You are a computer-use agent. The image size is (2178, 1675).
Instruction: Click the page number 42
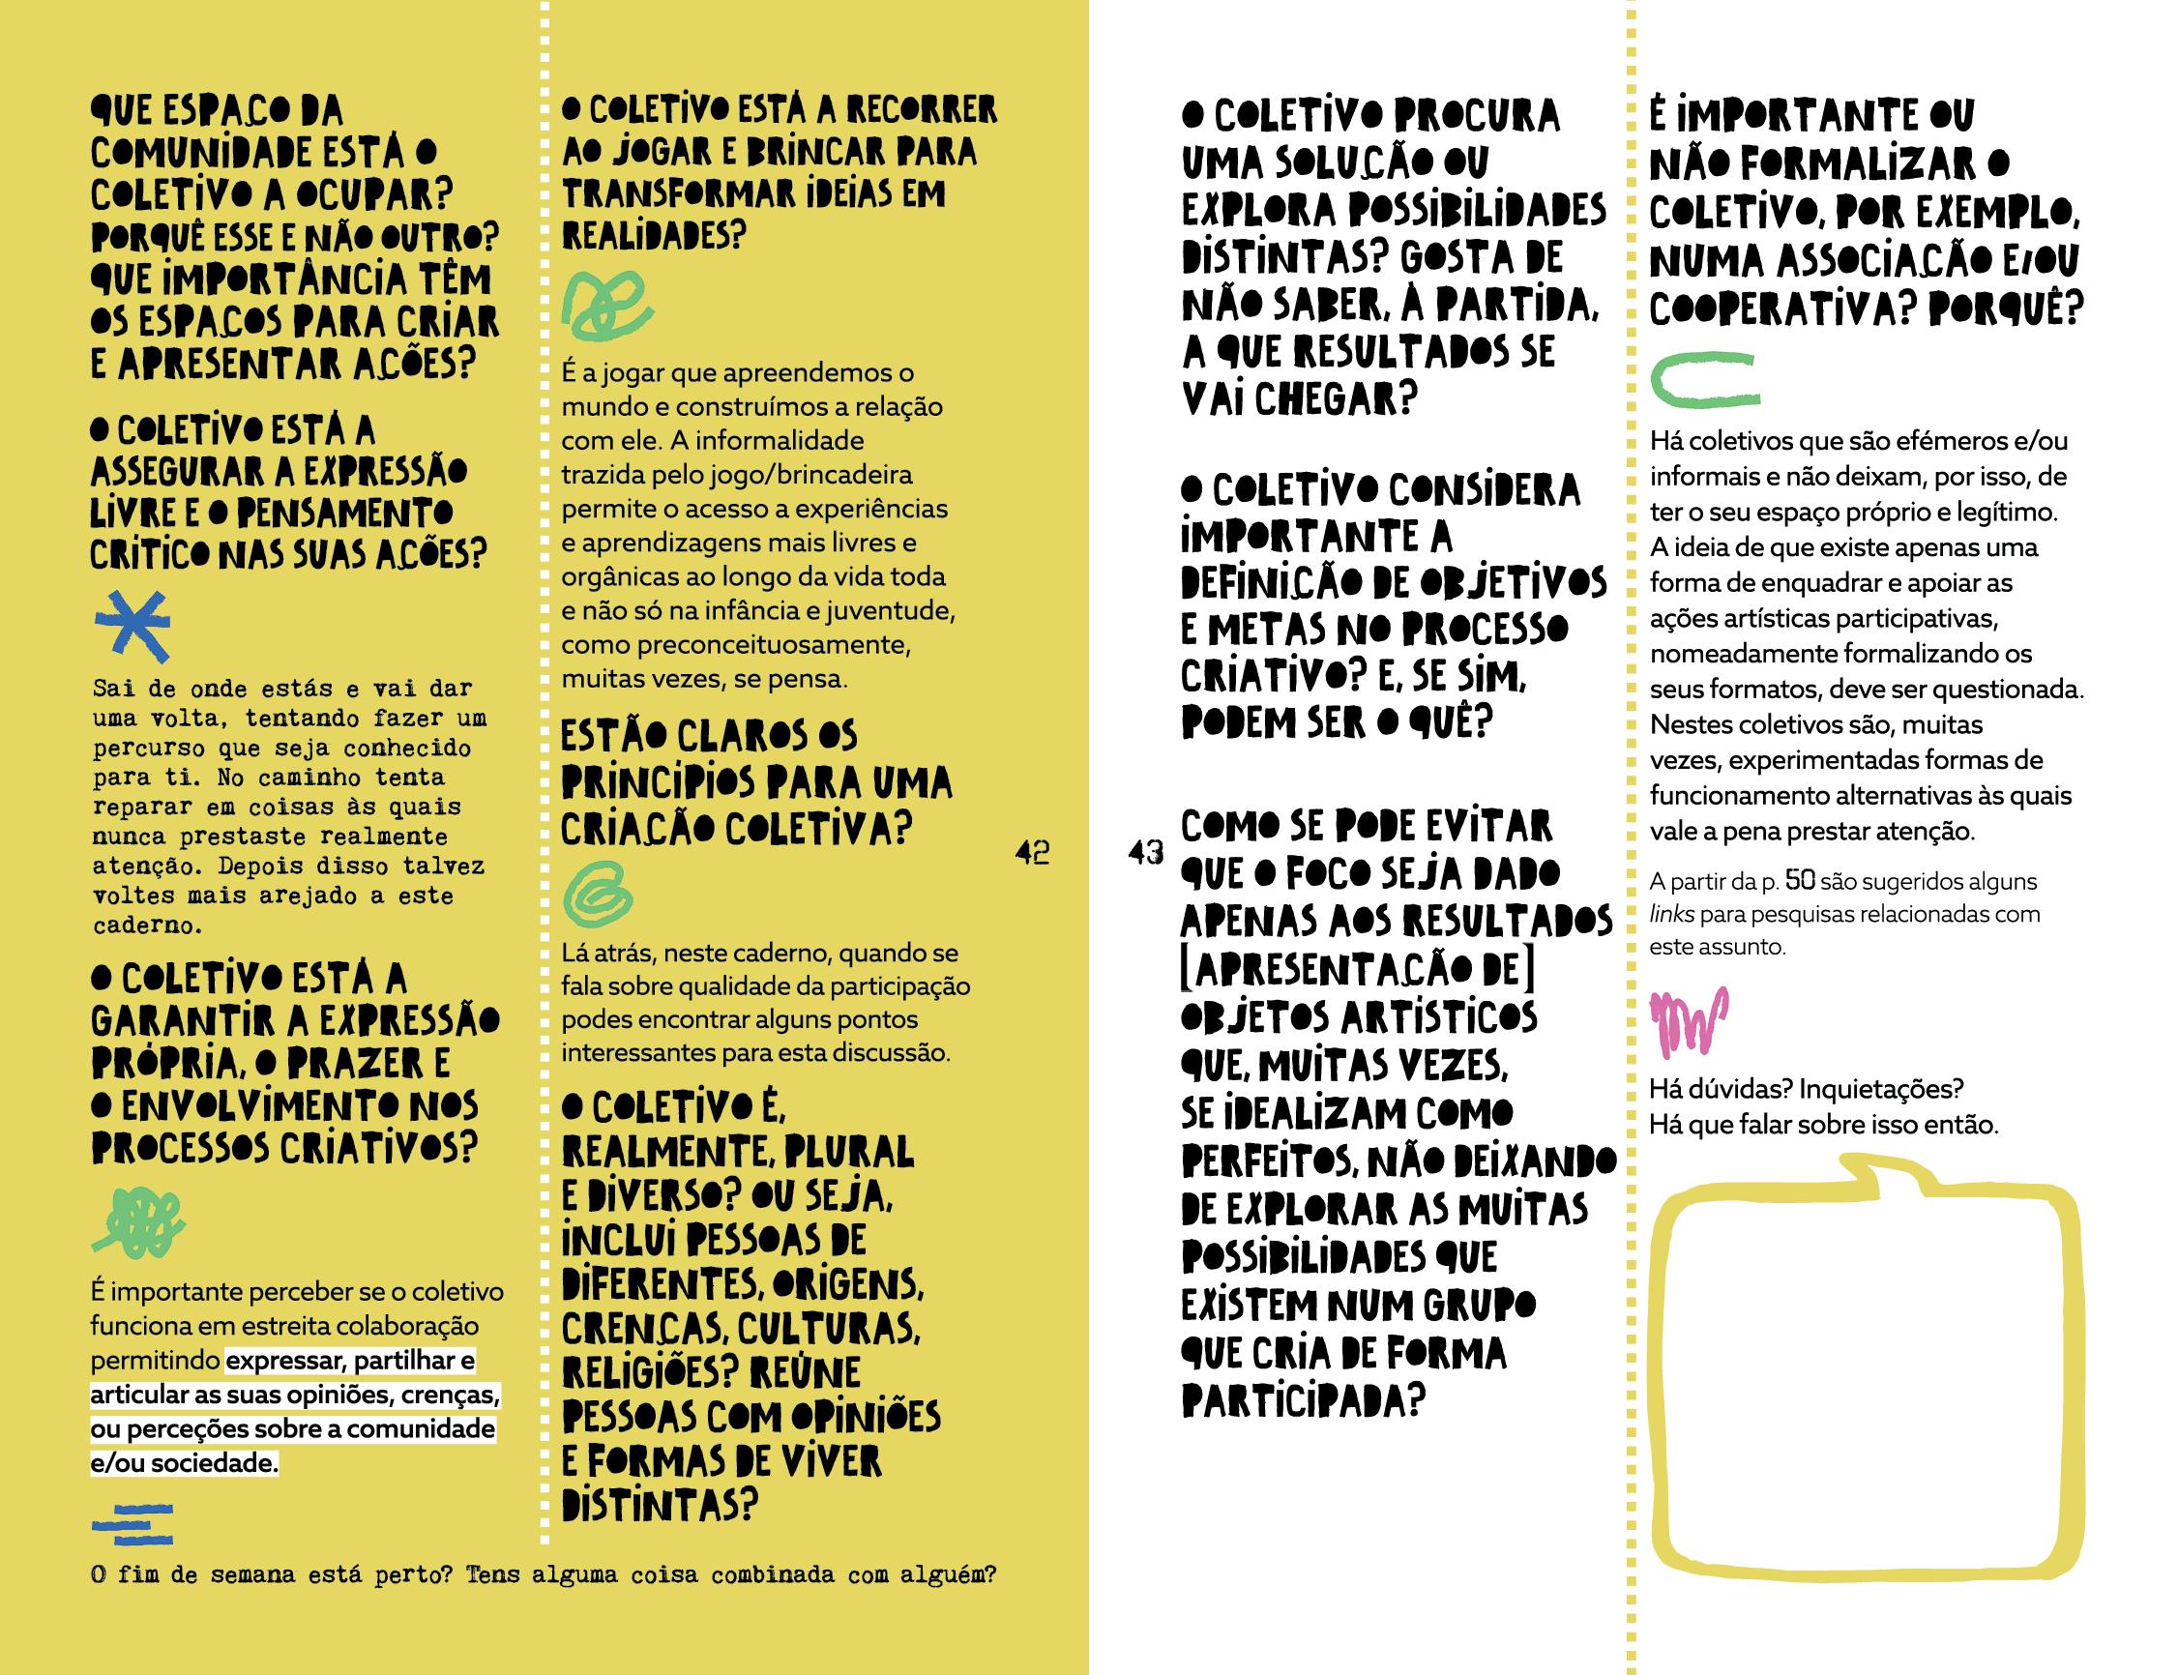(x=1032, y=853)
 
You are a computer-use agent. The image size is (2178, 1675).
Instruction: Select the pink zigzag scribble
(x=1689, y=1022)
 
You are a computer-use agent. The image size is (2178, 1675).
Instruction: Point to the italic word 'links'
(x=1670, y=914)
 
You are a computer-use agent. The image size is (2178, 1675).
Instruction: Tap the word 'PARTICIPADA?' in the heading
(x=1302, y=1400)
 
